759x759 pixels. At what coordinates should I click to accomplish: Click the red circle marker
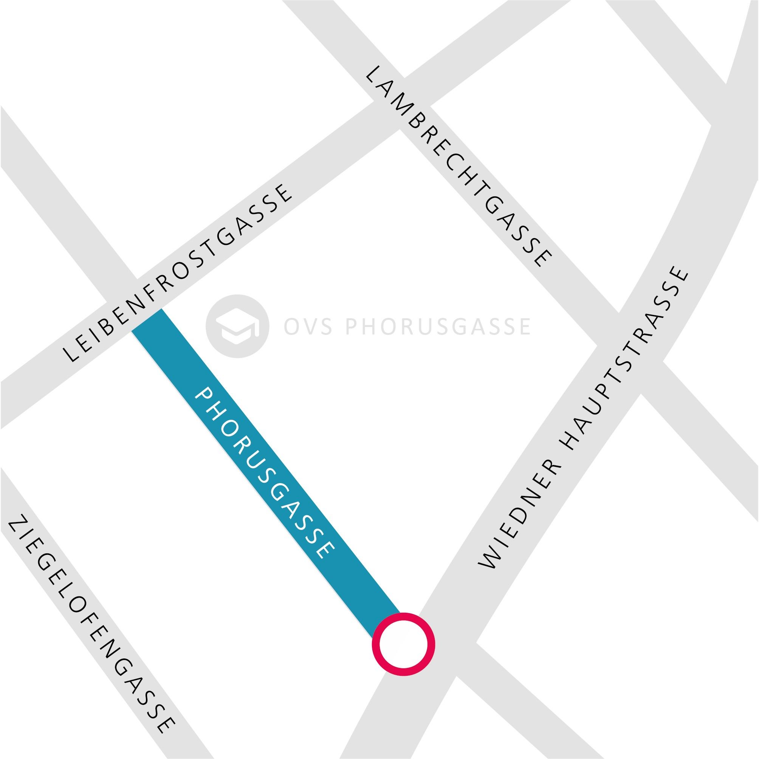pos(403,644)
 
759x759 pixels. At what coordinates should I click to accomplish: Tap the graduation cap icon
pos(238,326)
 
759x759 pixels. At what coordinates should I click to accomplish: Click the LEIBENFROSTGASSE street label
pos(178,273)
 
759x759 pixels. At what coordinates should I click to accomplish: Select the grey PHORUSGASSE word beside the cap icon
pos(438,327)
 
